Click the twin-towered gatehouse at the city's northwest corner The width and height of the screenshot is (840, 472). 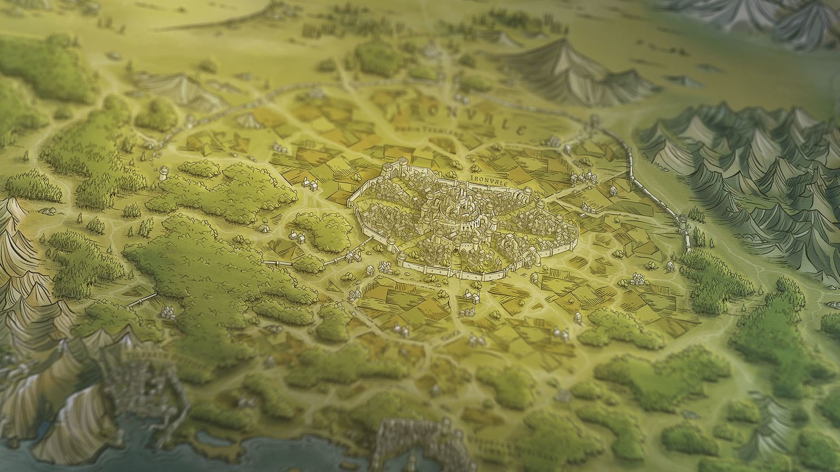395,168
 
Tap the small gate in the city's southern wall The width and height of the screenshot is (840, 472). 458,273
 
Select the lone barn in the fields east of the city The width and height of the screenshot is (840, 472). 613,191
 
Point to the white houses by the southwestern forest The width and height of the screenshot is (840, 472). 168,312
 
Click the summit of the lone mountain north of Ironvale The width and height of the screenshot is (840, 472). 564,42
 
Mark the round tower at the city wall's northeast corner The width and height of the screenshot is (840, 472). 528,191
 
